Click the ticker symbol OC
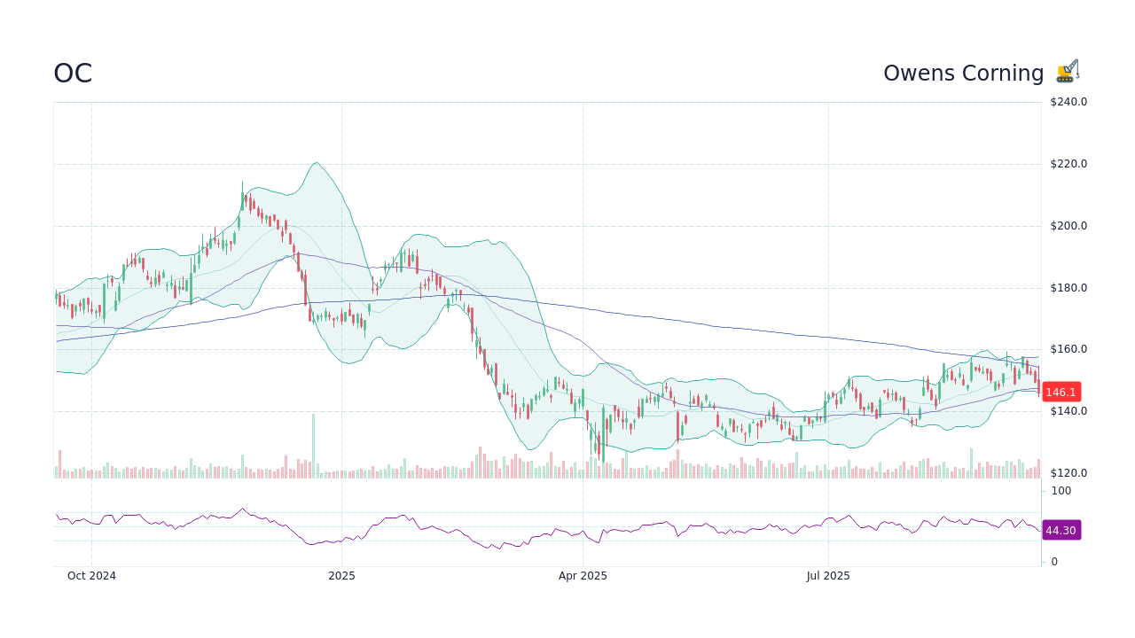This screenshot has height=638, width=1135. click(73, 74)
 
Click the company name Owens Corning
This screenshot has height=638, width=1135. click(963, 74)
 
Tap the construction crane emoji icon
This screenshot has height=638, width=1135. click(1068, 72)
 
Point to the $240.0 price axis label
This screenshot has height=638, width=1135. click(1068, 102)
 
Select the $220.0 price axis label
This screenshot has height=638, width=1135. click(1068, 164)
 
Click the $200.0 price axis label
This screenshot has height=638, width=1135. click(1068, 226)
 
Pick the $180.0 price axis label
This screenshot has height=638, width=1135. click(1068, 288)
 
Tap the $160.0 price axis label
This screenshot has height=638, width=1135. click(1068, 349)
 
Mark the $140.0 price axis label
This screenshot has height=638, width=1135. click(1068, 411)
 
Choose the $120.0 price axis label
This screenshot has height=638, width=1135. click(1068, 473)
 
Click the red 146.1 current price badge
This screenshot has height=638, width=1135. click(1061, 392)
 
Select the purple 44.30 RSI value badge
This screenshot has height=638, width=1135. click(1061, 530)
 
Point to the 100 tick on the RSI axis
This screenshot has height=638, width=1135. click(1061, 491)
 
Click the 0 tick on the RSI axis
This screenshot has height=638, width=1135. click(1054, 562)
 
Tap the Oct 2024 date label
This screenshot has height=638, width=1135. click(91, 576)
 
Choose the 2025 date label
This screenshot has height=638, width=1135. click(341, 576)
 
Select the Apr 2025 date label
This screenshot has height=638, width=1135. click(583, 576)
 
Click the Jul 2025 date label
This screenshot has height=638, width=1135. click(828, 576)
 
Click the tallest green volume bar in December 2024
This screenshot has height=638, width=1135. click(313, 446)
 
